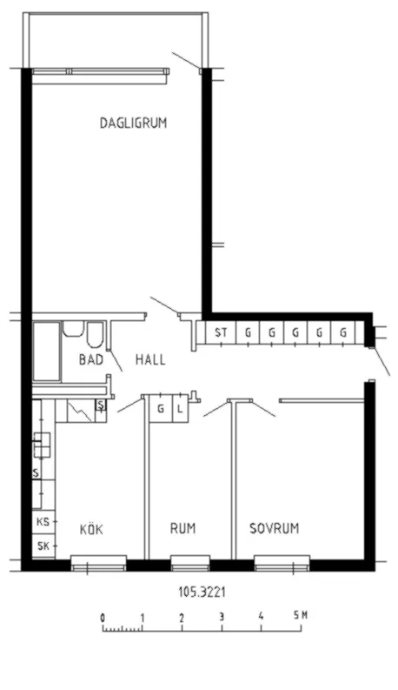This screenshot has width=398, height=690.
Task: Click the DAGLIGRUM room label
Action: (x=133, y=124)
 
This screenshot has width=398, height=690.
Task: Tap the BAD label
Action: (x=90, y=359)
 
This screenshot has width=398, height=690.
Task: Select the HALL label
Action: (x=150, y=359)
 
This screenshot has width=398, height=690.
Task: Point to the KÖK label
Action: (x=91, y=528)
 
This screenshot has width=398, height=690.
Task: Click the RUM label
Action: (x=182, y=528)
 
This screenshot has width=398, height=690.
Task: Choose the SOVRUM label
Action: (x=274, y=528)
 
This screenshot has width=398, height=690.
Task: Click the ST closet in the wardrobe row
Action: (x=221, y=332)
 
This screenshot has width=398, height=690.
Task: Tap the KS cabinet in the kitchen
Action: (x=42, y=523)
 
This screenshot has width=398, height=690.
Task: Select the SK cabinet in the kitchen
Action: (x=42, y=546)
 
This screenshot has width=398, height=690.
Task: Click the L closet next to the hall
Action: (x=180, y=408)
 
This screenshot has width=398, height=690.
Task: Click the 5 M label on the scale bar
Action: (x=301, y=616)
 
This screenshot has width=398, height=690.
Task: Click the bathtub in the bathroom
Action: (x=47, y=352)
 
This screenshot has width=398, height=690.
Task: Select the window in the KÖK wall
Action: (x=98, y=566)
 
